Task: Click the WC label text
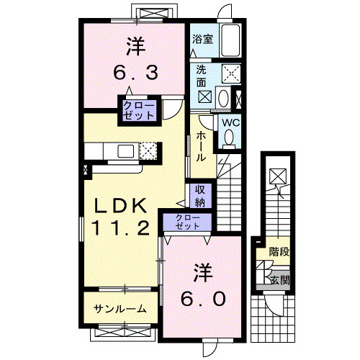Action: click(x=230, y=123)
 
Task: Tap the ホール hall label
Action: click(x=202, y=147)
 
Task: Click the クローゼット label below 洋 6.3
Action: click(x=139, y=111)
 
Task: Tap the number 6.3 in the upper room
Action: click(x=134, y=73)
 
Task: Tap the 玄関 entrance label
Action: click(x=280, y=279)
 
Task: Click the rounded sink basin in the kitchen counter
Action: click(x=125, y=150)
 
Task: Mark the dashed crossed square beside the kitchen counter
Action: click(x=148, y=150)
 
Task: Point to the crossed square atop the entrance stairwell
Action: click(x=277, y=175)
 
